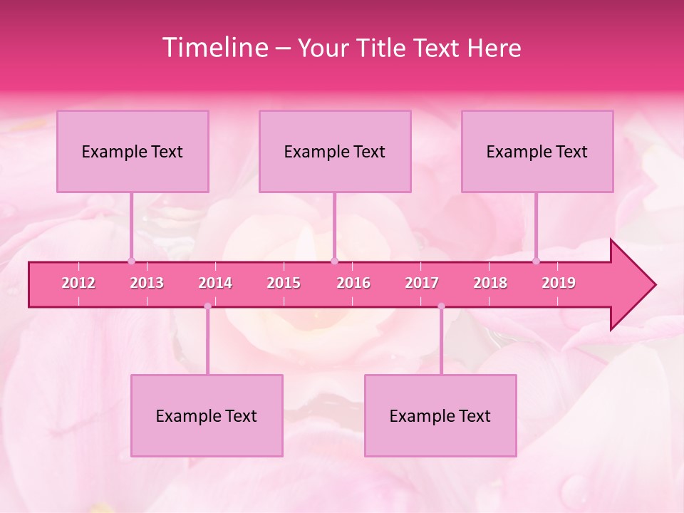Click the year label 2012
click(x=78, y=283)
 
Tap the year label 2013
click(x=147, y=283)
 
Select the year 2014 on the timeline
click(x=215, y=283)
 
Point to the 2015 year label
click(x=284, y=283)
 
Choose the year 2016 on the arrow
click(x=353, y=283)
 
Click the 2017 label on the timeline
click(x=422, y=283)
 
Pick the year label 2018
click(x=490, y=283)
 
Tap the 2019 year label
click(x=559, y=283)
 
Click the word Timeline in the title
click(x=214, y=48)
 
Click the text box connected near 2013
click(x=133, y=151)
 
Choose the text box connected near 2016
click(x=335, y=151)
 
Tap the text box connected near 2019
click(x=537, y=151)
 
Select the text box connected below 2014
click(x=207, y=415)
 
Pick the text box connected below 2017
click(x=440, y=415)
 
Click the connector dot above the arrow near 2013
click(x=131, y=261)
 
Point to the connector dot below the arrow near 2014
click(x=207, y=306)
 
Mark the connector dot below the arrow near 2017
click(x=441, y=306)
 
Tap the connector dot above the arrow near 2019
click(x=537, y=261)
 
